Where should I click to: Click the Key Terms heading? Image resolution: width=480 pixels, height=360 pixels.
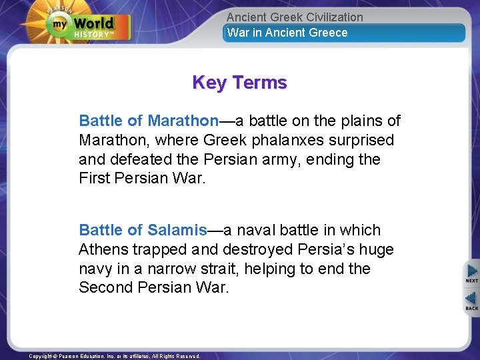coord(239,83)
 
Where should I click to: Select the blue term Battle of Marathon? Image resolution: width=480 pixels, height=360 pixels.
coord(149,121)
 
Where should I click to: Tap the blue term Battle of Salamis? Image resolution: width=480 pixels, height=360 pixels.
coord(143,230)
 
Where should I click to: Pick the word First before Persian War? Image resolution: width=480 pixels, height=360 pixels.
coord(95,179)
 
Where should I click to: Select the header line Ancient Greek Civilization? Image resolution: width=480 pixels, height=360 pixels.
coord(295,17)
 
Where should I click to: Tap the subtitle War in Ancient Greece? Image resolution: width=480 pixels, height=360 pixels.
coord(287,33)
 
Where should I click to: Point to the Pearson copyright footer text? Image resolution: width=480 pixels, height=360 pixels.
coord(115,356)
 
